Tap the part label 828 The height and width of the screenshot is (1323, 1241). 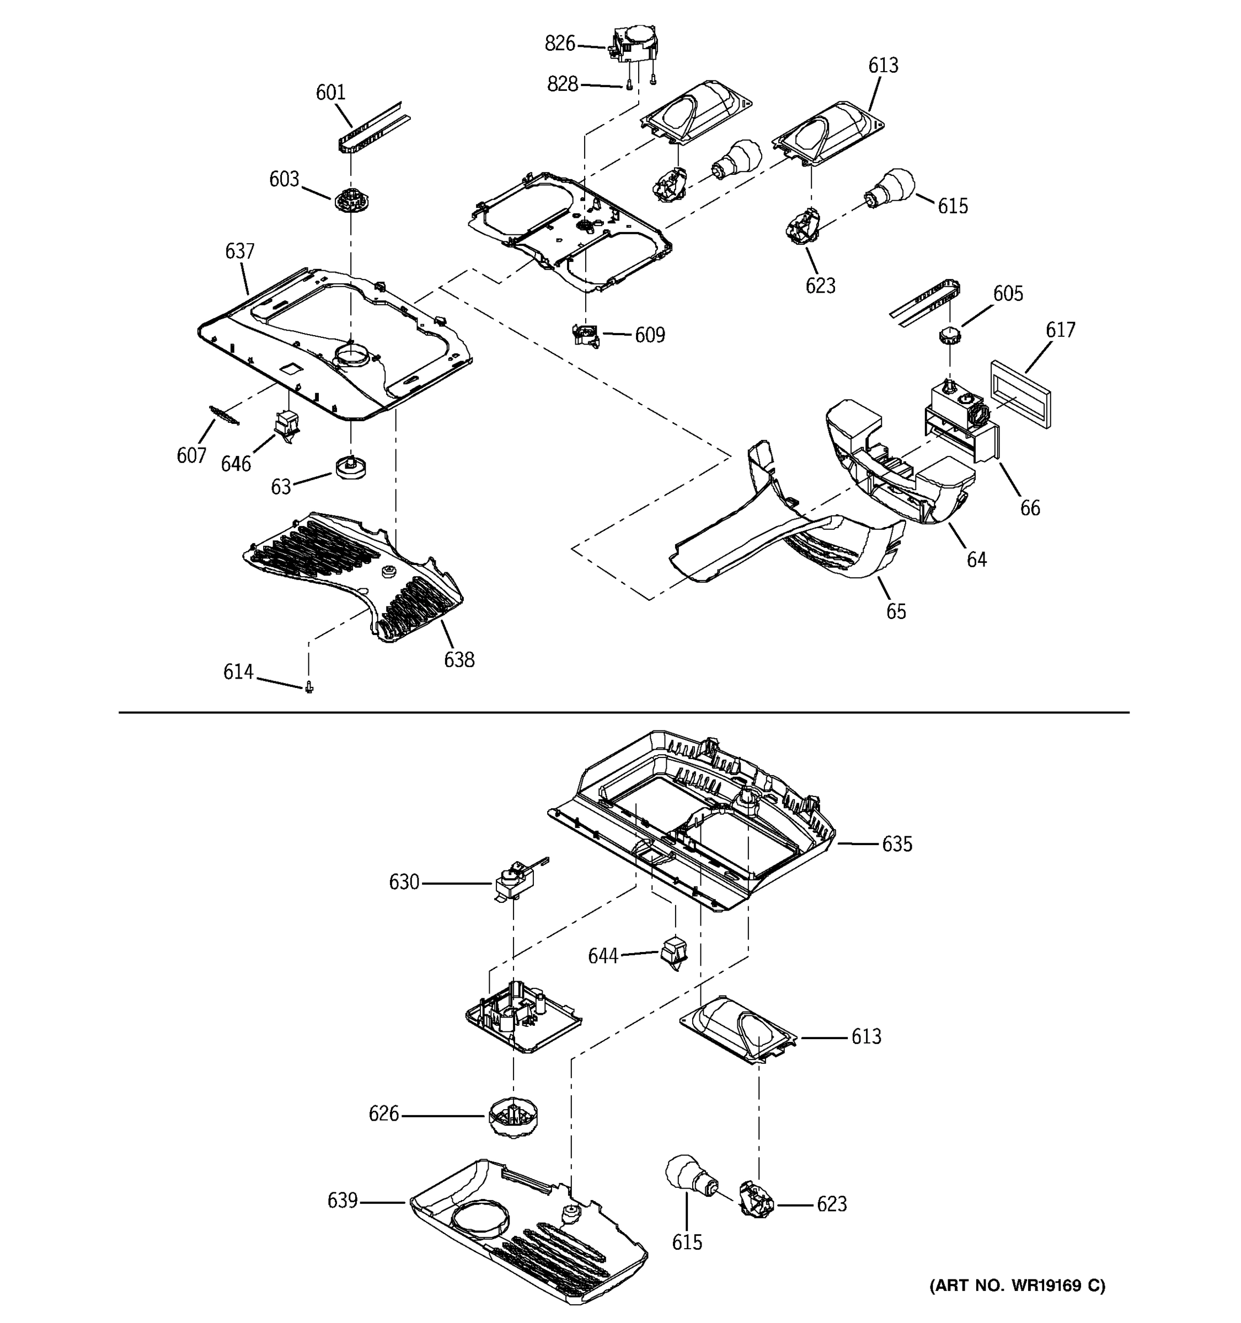click(x=562, y=84)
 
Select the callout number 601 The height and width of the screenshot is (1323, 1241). click(x=330, y=93)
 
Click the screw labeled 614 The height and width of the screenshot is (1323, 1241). click(x=309, y=687)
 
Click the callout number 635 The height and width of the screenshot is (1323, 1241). click(x=896, y=844)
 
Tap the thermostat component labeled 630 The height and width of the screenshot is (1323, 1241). click(x=515, y=881)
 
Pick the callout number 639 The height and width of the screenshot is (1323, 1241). click(x=342, y=1201)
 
